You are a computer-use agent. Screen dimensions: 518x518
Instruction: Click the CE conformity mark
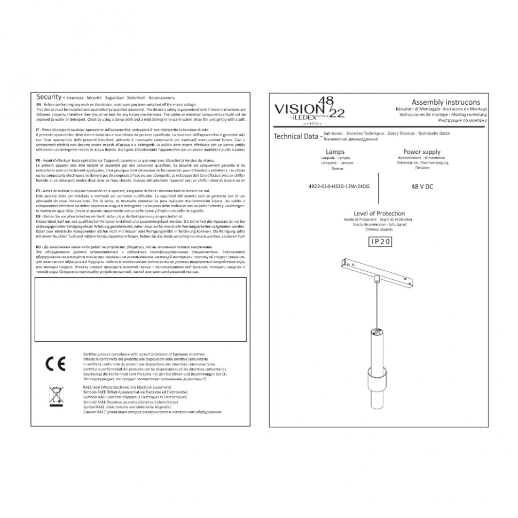click(x=56, y=364)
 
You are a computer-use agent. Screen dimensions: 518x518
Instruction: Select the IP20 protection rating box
click(x=380, y=241)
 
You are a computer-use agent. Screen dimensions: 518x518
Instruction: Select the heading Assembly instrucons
click(x=445, y=101)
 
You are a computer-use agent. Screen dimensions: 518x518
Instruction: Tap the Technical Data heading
click(x=295, y=136)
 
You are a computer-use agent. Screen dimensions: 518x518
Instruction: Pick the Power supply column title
click(x=421, y=152)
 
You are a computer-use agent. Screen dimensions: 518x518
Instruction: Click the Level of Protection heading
click(x=379, y=213)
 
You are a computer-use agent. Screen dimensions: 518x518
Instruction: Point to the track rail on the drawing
click(x=380, y=268)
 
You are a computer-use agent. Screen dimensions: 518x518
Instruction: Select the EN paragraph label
click(x=38, y=104)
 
